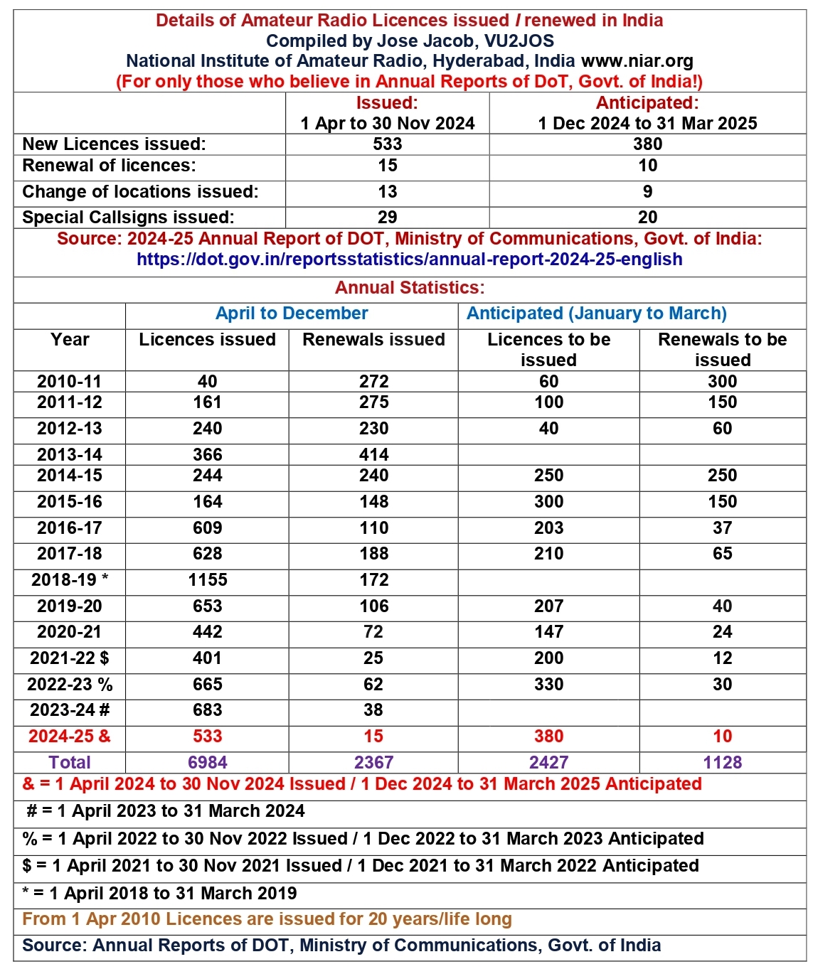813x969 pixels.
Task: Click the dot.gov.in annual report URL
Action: (x=409, y=259)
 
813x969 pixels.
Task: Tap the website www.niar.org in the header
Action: (x=637, y=61)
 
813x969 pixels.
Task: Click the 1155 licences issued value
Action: (x=208, y=580)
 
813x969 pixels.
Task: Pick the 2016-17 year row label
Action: (x=70, y=528)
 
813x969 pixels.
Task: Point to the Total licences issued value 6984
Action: (x=208, y=763)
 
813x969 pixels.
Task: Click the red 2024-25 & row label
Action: (x=70, y=737)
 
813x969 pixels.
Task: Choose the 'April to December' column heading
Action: (x=292, y=314)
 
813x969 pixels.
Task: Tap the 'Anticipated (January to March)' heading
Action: (x=596, y=314)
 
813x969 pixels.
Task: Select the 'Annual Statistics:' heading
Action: (x=410, y=288)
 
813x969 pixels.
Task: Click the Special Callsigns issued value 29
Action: (x=387, y=218)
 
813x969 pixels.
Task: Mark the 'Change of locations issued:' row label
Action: (x=140, y=192)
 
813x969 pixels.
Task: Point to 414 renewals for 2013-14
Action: (x=373, y=455)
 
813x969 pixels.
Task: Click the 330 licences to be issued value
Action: (x=548, y=685)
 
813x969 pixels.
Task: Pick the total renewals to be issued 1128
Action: (x=722, y=763)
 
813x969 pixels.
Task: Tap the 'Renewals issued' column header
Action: (x=373, y=340)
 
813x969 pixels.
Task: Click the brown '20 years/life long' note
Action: (x=267, y=919)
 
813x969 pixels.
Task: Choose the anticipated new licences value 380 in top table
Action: (x=647, y=144)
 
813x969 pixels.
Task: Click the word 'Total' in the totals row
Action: (x=70, y=763)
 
